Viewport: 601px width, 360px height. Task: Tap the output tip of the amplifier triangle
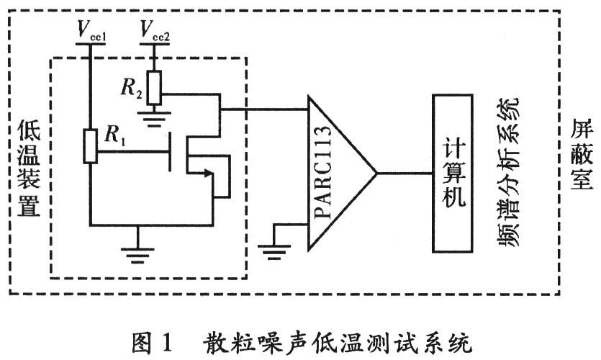[x=376, y=174]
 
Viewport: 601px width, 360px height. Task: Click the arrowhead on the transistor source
[x=209, y=172]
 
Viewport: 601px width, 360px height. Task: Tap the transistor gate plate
[x=171, y=152]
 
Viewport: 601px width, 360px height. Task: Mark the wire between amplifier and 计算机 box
[x=403, y=174]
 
